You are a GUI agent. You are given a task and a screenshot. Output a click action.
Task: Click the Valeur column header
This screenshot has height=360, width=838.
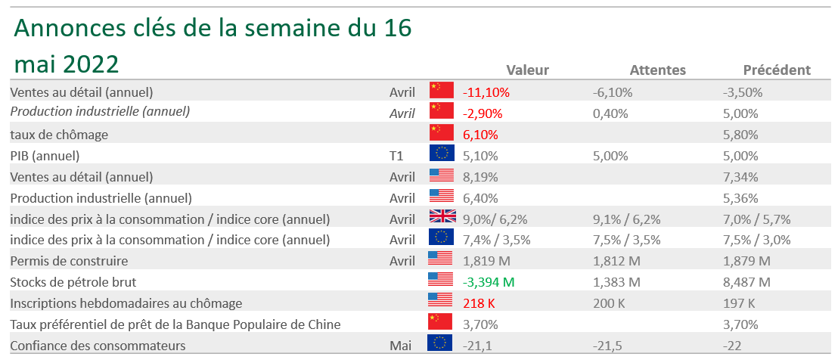tap(527, 70)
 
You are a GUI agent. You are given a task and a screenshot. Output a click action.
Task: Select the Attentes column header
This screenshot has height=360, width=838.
tap(657, 70)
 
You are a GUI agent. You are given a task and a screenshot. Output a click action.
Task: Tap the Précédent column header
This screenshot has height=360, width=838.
tap(777, 70)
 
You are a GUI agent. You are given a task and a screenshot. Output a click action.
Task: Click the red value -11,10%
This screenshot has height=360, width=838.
tap(486, 92)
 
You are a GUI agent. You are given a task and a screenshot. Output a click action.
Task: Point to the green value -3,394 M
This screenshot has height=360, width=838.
tap(489, 282)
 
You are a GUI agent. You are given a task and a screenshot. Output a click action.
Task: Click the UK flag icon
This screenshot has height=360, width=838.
tap(441, 219)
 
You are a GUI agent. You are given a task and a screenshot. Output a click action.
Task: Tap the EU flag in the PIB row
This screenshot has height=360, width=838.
tap(441, 156)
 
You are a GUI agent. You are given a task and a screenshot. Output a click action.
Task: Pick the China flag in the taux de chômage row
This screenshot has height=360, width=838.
tap(441, 135)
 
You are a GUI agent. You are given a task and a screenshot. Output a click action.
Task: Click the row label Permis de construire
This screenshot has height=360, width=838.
tap(69, 261)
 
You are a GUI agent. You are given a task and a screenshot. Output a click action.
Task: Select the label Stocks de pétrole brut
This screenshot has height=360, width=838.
tap(75, 282)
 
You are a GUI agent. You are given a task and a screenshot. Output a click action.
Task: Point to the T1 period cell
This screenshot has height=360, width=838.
tap(397, 156)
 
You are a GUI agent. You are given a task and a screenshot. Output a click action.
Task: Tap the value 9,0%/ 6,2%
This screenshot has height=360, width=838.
tap(495, 219)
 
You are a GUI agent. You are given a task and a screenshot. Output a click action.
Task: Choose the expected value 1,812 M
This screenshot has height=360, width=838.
tap(616, 261)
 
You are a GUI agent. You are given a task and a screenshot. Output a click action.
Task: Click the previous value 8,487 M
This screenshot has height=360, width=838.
tap(746, 282)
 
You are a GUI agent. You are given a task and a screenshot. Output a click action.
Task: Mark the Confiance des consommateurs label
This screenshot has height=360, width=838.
tap(98, 346)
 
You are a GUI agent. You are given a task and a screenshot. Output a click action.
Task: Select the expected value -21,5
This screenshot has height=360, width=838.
tap(609, 346)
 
